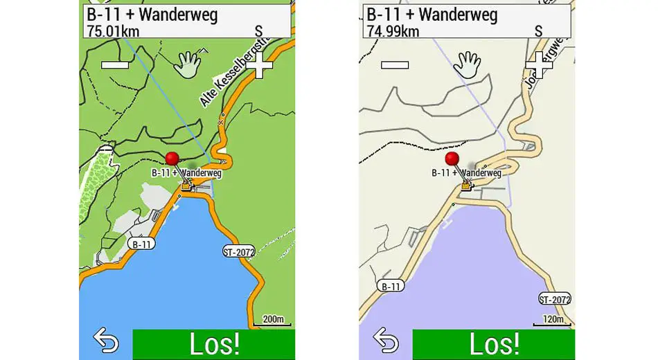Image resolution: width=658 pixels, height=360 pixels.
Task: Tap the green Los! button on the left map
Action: (x=213, y=344)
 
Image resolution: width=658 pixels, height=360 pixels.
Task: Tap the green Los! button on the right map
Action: (x=493, y=344)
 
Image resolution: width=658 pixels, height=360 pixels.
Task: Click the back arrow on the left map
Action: (x=105, y=342)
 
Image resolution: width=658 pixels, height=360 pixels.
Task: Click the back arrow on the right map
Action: (x=386, y=342)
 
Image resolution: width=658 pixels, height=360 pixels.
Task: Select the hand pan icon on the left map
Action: (x=188, y=64)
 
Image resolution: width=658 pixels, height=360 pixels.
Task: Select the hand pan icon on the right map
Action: (x=468, y=64)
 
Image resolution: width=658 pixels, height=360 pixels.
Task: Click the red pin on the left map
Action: (x=172, y=159)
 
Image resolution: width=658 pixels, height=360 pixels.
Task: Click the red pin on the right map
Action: (x=452, y=159)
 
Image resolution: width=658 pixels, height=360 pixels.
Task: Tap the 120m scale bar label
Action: (x=553, y=319)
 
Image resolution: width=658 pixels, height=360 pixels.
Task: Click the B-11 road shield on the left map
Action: (x=141, y=244)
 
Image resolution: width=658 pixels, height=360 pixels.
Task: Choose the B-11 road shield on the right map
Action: (x=392, y=285)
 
